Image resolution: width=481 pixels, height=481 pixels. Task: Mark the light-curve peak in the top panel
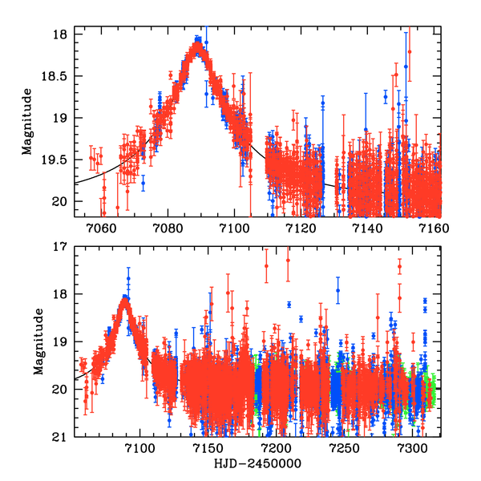pos(198,42)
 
